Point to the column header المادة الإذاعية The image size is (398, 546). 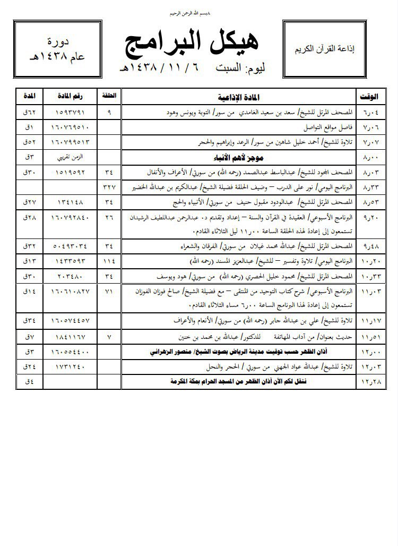click(241, 97)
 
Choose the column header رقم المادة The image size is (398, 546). click(71, 97)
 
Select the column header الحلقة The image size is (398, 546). click(109, 97)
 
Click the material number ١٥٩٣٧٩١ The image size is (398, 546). click(71, 113)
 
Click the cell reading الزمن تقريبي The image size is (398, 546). click(71, 157)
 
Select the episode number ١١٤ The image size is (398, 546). click(109, 261)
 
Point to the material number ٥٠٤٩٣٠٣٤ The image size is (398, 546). click(71, 246)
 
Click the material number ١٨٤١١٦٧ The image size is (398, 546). click(71, 337)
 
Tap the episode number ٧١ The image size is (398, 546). click(109, 291)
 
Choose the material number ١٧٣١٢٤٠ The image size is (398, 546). click(71, 366)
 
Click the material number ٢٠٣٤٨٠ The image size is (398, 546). click(71, 277)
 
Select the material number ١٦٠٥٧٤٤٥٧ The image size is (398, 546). click(71, 321)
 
